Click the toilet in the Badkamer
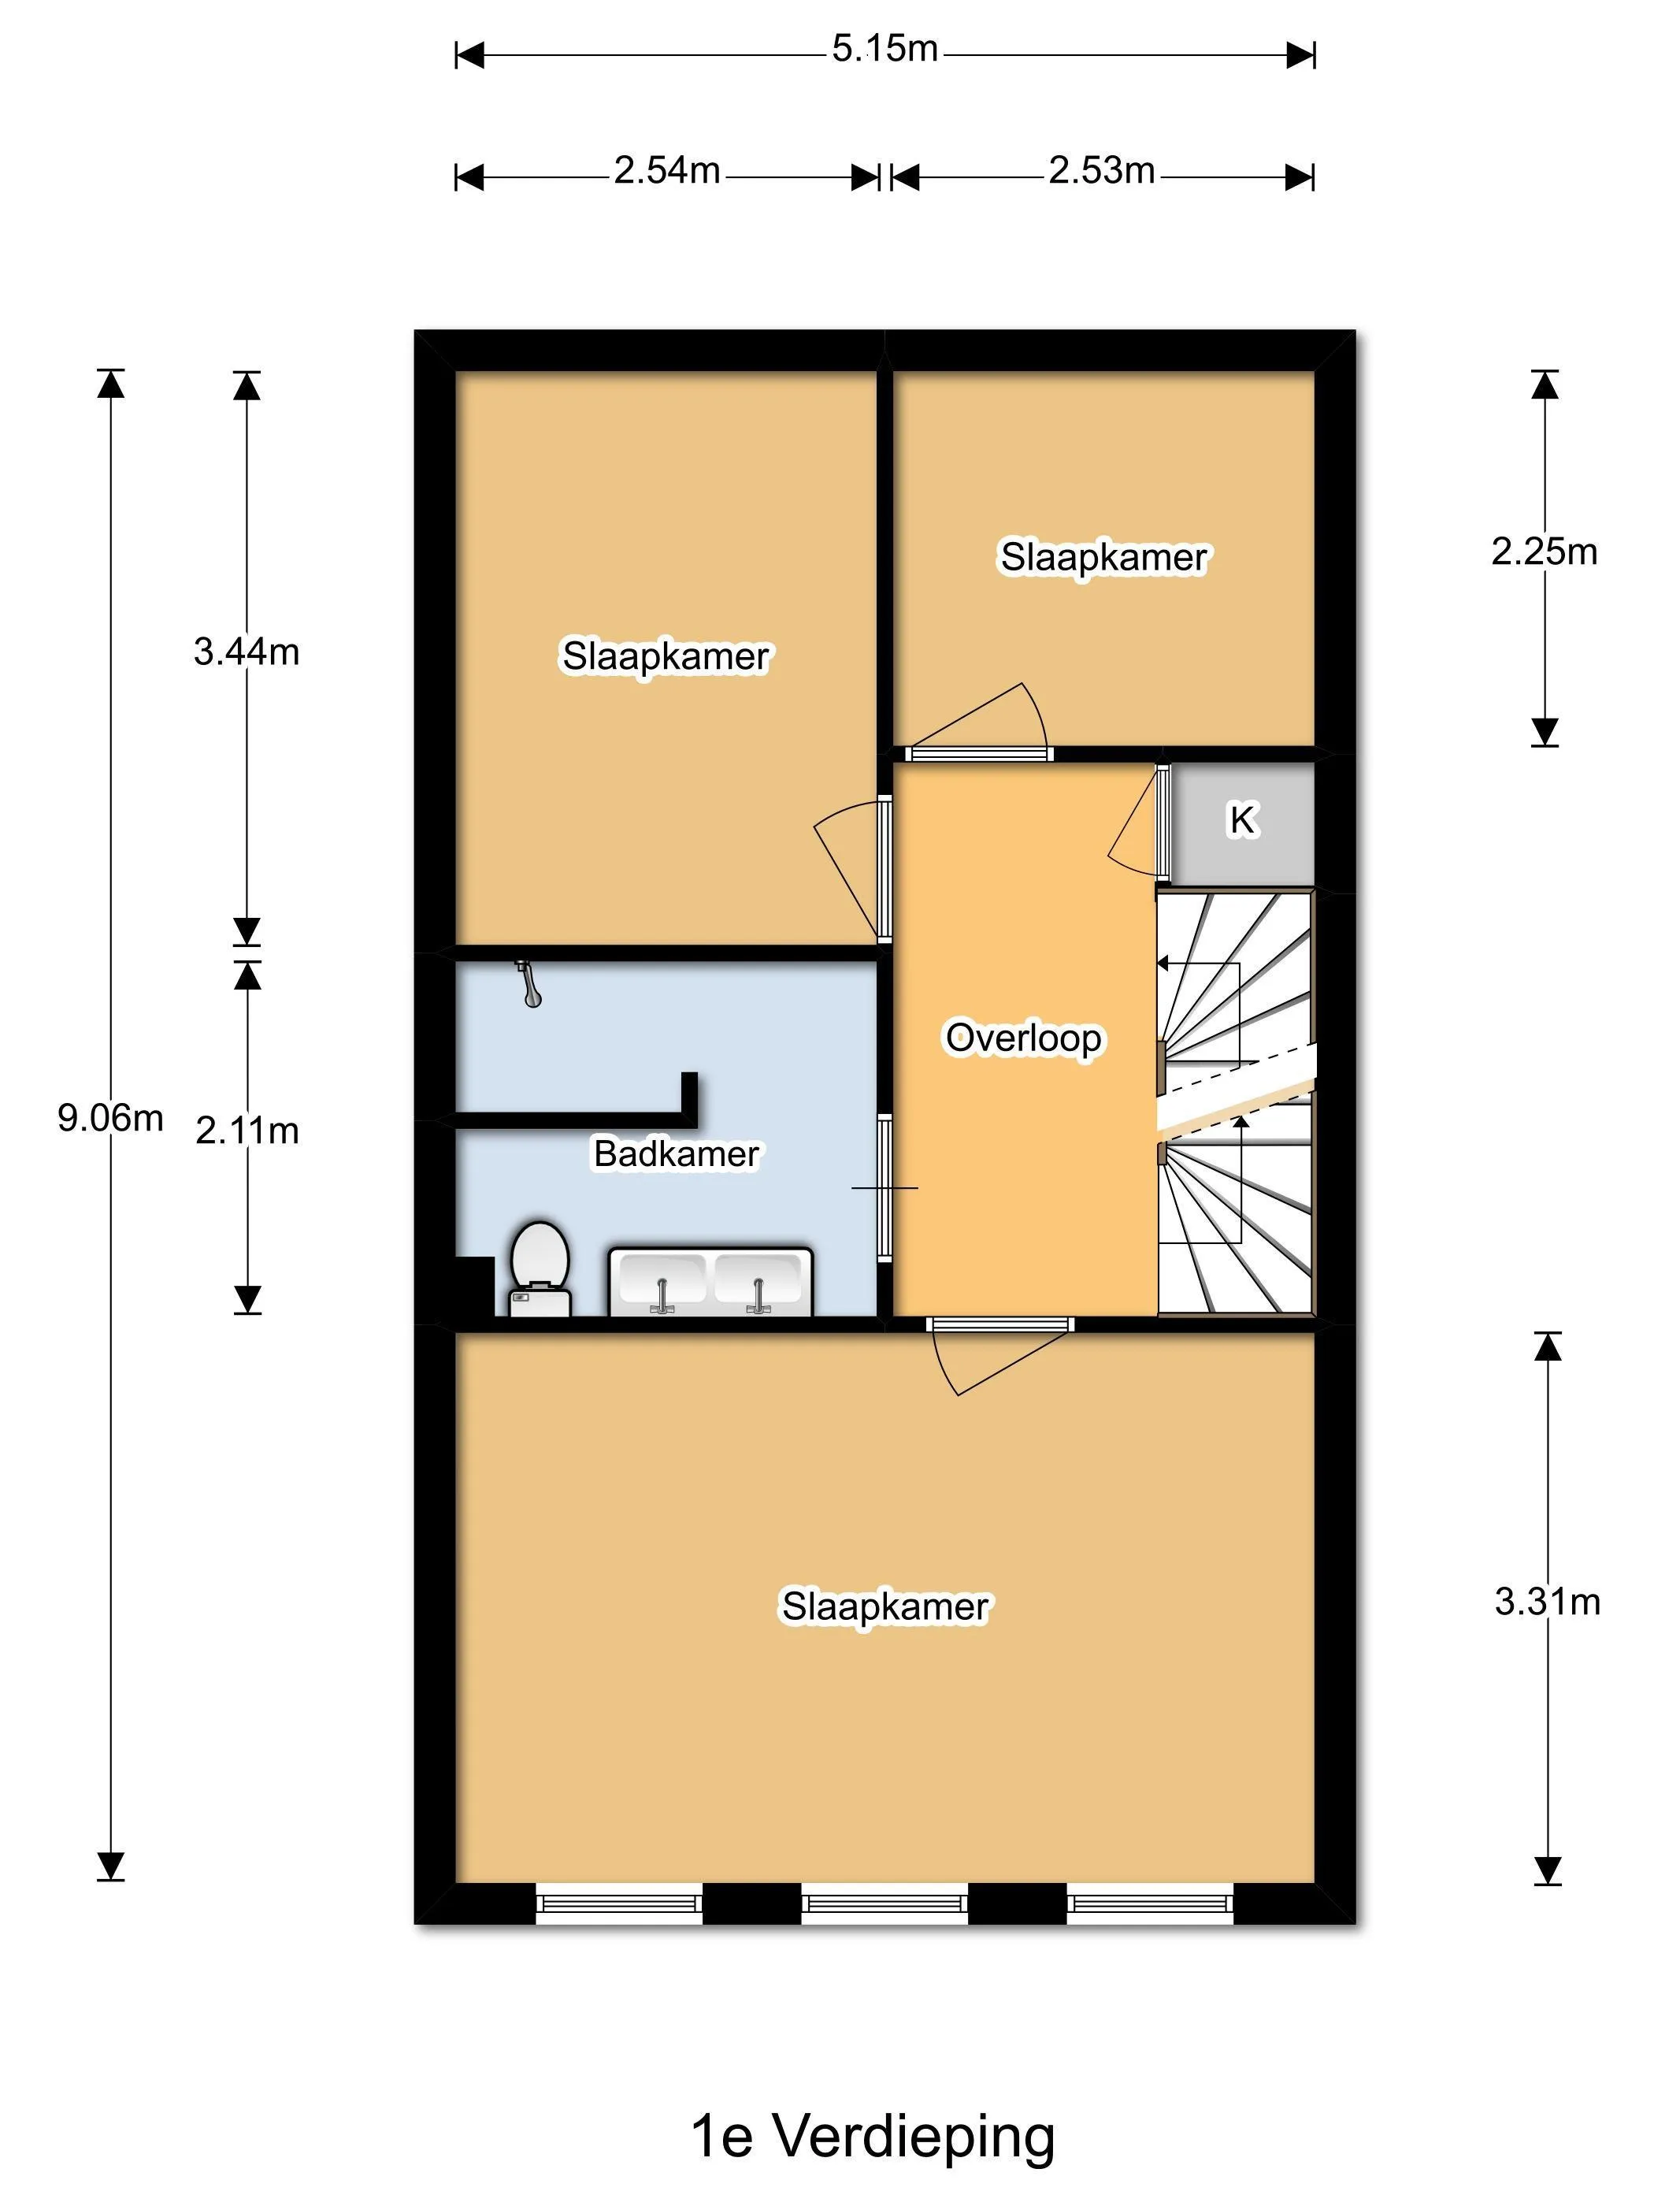540,1268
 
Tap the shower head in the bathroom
528,983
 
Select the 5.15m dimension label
884,48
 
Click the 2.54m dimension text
666,170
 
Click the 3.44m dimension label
247,652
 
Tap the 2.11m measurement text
247,1130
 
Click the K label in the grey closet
1241,820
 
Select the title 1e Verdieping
873,2135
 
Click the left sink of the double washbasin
662,1283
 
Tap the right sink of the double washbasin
758,1283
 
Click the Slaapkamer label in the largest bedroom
884,1606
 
